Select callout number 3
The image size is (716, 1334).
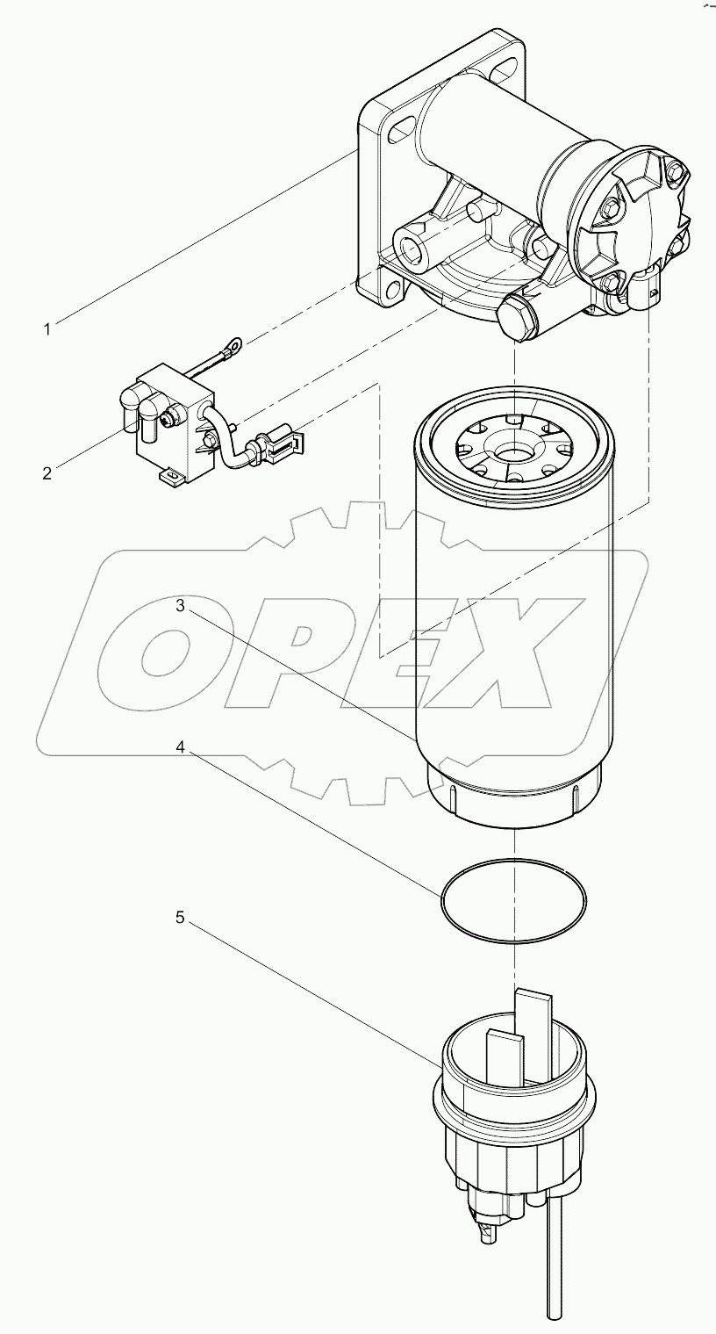click(x=179, y=605)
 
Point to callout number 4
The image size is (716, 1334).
click(x=179, y=747)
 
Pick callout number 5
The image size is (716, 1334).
click(x=179, y=917)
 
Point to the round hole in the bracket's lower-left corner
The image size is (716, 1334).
click(x=386, y=287)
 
